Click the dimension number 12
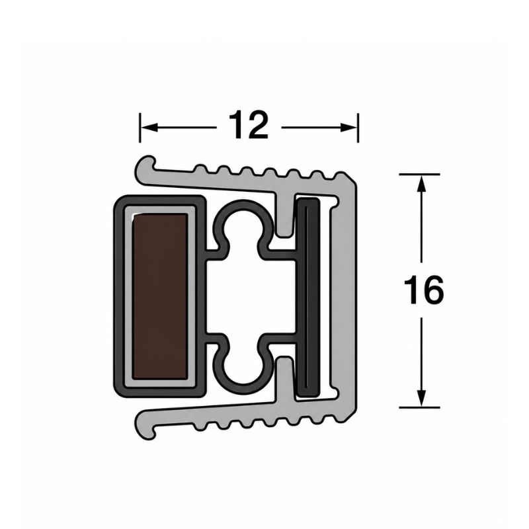249,125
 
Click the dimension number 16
423,290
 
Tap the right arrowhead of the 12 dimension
348,128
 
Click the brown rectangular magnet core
159,296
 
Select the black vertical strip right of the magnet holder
307,297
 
